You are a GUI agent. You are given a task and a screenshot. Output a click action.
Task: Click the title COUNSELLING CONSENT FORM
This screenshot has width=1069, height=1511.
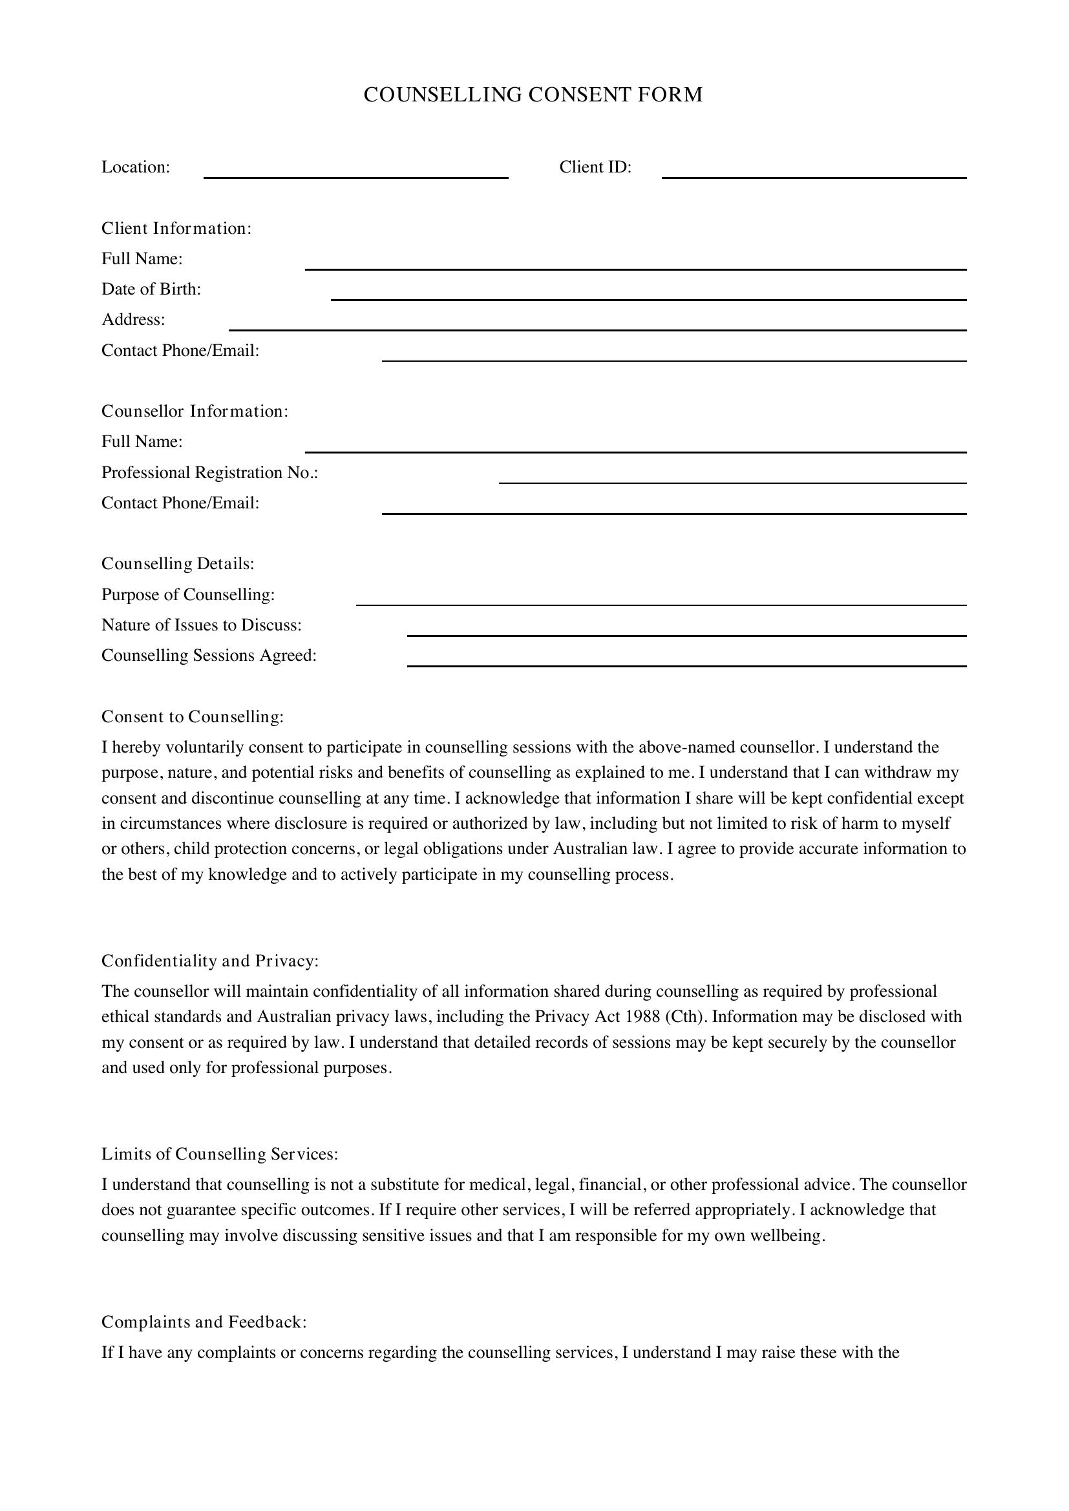tap(533, 95)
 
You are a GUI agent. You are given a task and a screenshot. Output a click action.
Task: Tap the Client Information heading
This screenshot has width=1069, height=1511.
tap(176, 228)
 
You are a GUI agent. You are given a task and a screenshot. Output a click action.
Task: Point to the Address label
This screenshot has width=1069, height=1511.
tap(133, 320)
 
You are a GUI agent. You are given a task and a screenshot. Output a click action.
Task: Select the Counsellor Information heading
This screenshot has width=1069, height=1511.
tap(195, 412)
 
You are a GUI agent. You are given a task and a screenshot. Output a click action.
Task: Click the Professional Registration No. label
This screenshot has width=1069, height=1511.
tap(209, 472)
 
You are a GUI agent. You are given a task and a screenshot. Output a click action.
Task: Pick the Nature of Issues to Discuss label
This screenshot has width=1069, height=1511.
tap(202, 625)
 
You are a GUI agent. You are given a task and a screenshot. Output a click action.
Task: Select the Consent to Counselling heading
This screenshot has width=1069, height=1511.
tap(192, 716)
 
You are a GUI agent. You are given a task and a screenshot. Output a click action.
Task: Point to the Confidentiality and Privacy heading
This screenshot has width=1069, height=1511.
tap(210, 961)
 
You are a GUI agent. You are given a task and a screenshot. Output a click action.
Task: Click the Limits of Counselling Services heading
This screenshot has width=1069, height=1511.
tap(220, 1154)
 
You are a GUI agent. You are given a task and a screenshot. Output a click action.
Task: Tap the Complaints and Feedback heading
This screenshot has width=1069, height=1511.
tap(204, 1322)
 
